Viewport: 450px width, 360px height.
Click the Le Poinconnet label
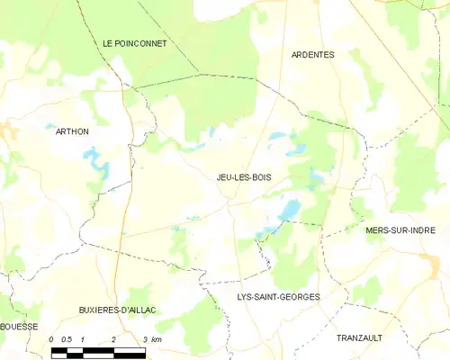click(x=134, y=43)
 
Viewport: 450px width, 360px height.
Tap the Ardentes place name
click(x=312, y=55)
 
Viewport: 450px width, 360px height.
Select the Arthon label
click(x=72, y=131)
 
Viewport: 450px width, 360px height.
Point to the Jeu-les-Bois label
click(x=244, y=177)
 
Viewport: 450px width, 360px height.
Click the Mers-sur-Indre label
click(x=400, y=230)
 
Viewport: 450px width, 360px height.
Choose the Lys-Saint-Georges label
click(x=278, y=296)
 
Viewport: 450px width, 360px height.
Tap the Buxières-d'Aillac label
click(x=118, y=310)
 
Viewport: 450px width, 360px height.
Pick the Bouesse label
click(x=19, y=327)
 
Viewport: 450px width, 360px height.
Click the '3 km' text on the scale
click(x=152, y=339)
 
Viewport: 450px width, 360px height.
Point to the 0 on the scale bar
click(x=53, y=339)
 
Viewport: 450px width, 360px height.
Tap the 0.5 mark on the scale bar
click(x=67, y=339)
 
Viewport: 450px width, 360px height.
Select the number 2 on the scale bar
click(x=113, y=339)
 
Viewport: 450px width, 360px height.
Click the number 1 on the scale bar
click(x=83, y=339)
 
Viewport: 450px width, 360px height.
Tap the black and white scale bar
click(x=97, y=350)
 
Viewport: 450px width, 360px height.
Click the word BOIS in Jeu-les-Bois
click(x=261, y=177)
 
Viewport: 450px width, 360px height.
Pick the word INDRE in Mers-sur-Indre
click(x=420, y=230)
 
